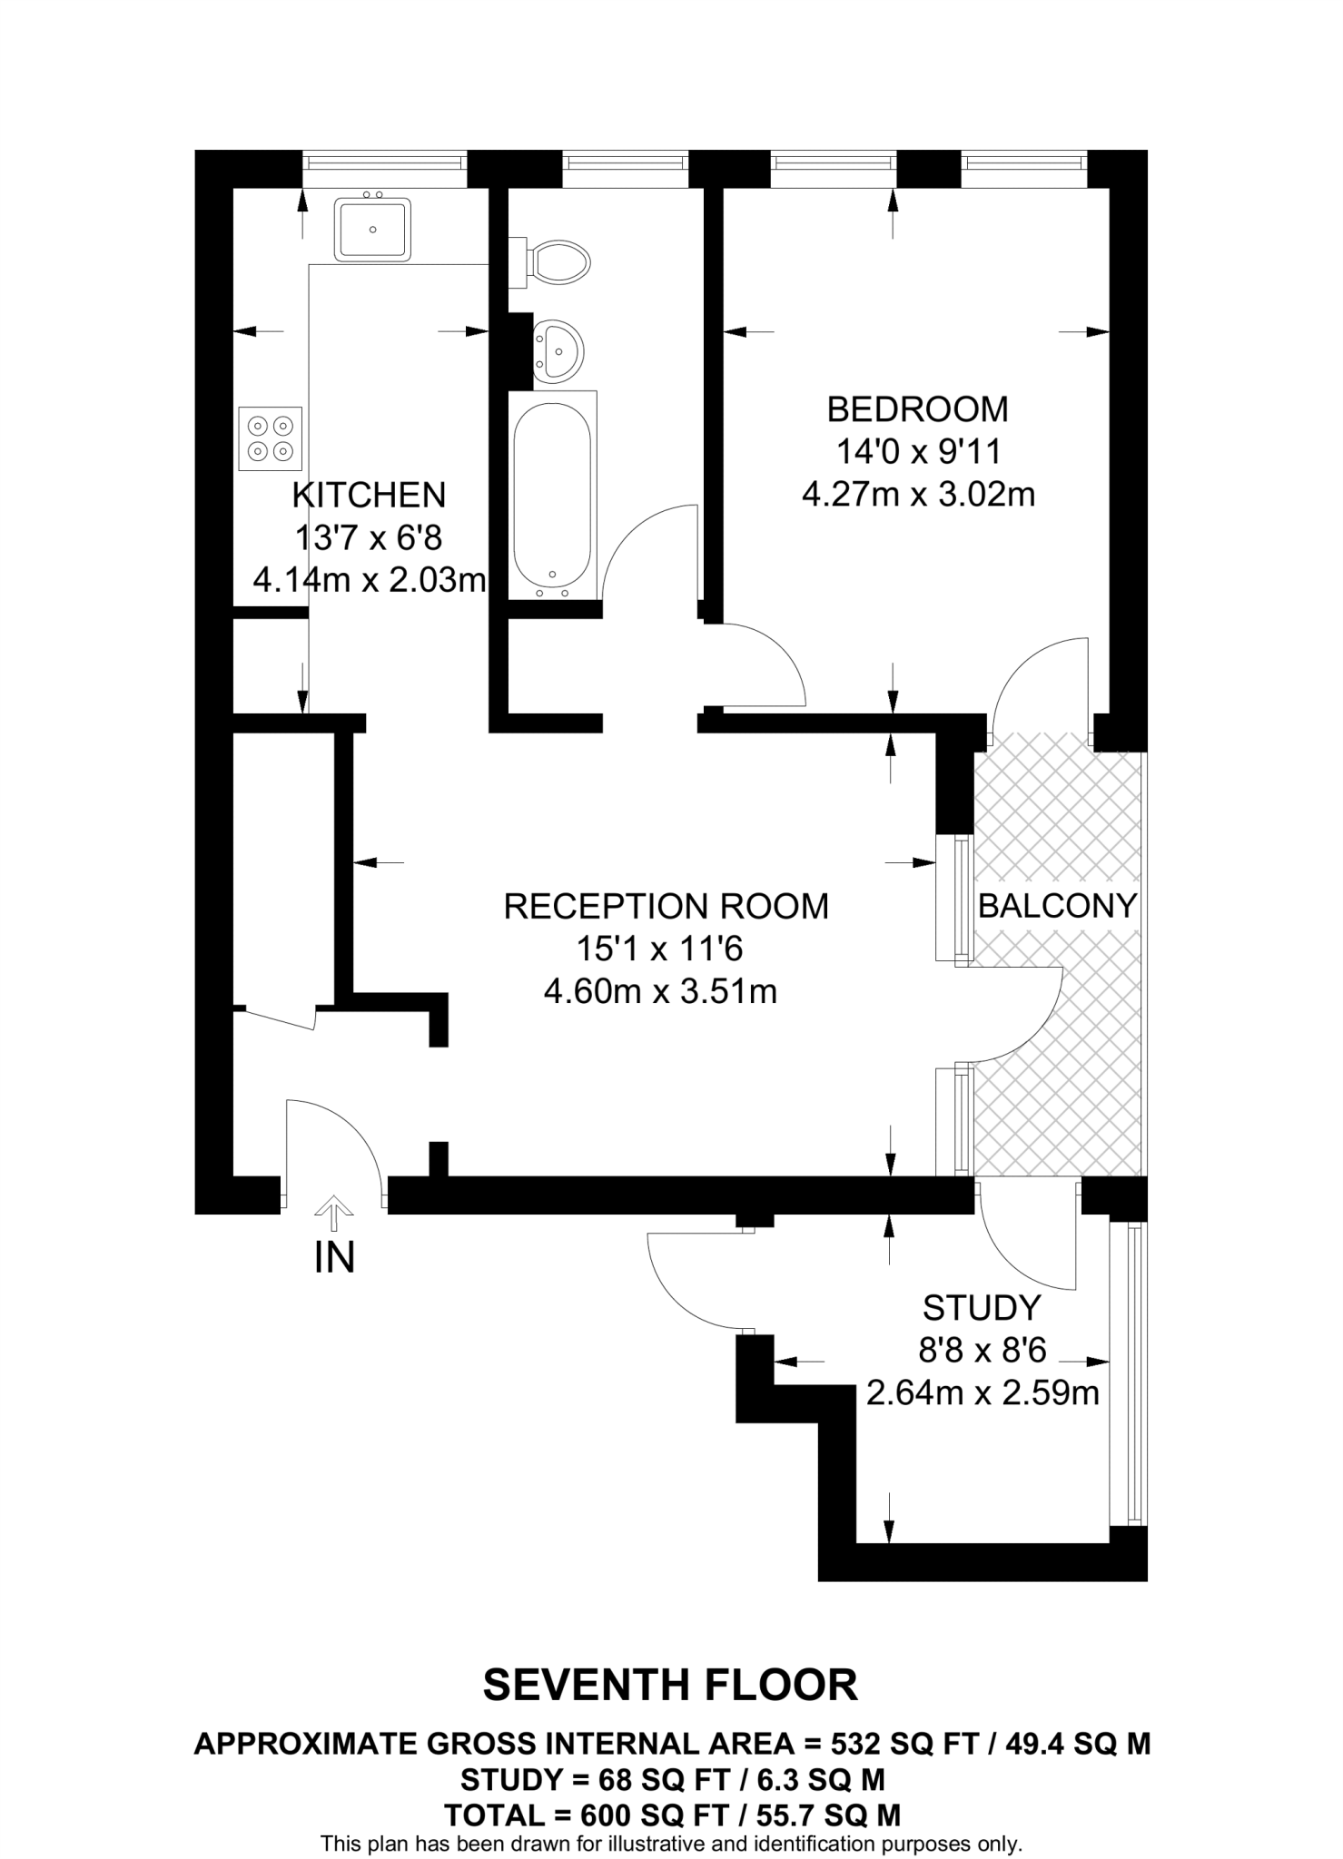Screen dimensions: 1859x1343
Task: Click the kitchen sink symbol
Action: coord(372,230)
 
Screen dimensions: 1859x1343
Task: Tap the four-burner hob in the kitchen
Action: coord(270,438)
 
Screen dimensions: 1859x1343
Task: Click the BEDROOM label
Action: coord(917,409)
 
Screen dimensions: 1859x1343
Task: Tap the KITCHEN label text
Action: coord(369,495)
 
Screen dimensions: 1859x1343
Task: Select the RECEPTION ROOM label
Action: coord(666,906)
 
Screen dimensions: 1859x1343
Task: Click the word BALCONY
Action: coord(1057,906)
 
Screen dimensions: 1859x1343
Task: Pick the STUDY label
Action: coord(981,1308)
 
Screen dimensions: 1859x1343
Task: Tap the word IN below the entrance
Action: coord(334,1257)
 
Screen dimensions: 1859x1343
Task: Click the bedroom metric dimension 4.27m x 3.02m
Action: coord(918,495)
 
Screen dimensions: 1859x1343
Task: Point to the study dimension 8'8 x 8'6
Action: coord(983,1351)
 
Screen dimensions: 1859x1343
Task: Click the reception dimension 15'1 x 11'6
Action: coord(659,949)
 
